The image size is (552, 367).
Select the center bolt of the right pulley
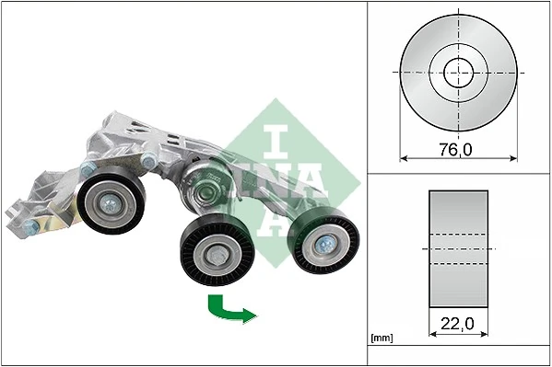click(325, 243)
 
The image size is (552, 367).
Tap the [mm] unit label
click(382, 338)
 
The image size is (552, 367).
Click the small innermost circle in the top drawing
click(458, 72)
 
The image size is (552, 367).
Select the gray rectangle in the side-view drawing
click(458, 248)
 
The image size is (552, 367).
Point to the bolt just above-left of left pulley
click(88, 169)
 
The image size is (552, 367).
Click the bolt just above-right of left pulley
click(148, 163)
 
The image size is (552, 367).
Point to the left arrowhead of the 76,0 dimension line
click(403, 158)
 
